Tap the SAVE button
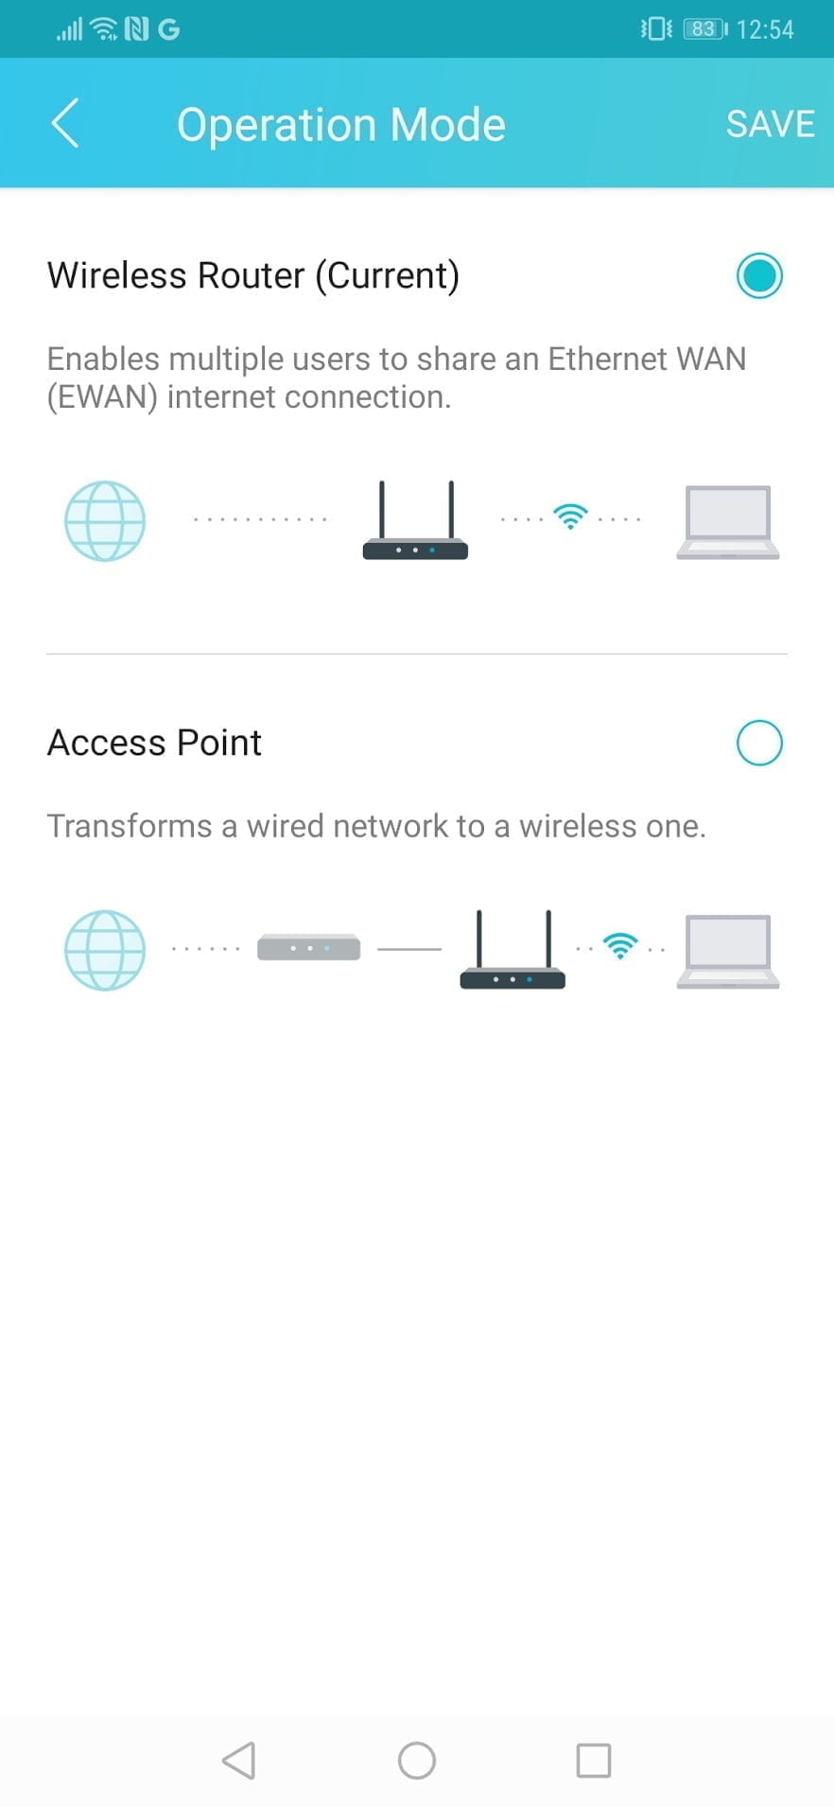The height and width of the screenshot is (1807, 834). tap(770, 124)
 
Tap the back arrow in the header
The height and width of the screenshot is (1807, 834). tap(65, 124)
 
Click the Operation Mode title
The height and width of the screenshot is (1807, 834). tap(340, 125)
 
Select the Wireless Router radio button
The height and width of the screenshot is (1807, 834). tap(759, 276)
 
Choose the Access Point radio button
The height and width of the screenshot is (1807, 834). tap(759, 743)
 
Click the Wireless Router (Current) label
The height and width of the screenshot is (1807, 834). tap(253, 275)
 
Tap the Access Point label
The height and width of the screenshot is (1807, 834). tap(154, 743)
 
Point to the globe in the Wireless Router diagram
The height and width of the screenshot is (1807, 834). tap(105, 521)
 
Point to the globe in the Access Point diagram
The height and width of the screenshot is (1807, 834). tap(105, 950)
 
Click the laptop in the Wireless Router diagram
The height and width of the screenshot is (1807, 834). tap(727, 522)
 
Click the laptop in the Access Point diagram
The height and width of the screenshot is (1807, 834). tap(727, 951)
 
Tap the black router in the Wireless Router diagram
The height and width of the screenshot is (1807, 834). tap(415, 522)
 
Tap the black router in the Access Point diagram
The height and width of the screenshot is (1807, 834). tap(513, 951)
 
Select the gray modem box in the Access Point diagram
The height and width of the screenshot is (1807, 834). tap(308, 947)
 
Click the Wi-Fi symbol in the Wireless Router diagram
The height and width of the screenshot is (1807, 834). tap(570, 517)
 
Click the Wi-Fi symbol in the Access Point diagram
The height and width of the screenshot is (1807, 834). tap(620, 945)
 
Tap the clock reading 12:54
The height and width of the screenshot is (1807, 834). tap(764, 29)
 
